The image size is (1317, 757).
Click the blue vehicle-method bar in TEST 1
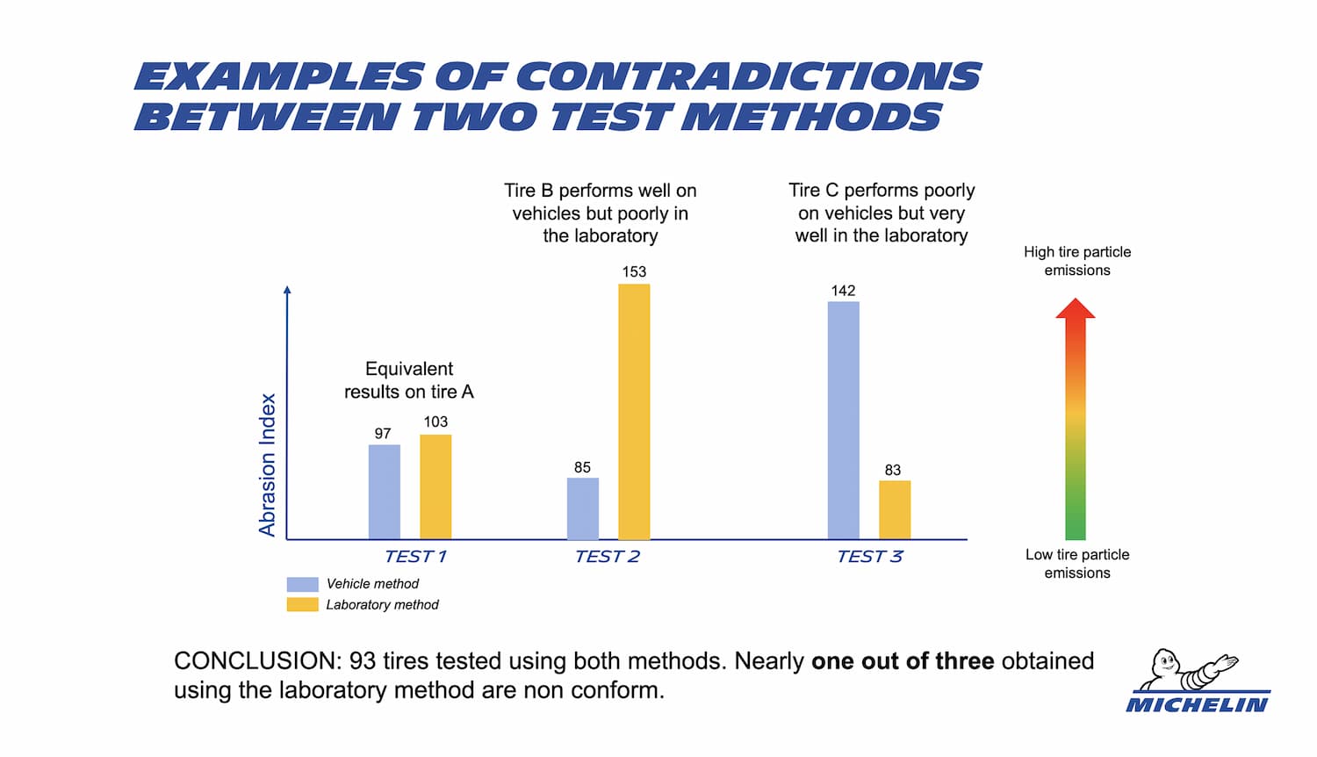(384, 492)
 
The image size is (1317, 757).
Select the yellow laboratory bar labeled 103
(435, 487)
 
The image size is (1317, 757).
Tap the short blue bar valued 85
(583, 508)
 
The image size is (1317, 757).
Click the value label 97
(383, 433)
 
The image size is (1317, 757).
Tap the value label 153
(634, 271)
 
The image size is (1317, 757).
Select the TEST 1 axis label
(415, 556)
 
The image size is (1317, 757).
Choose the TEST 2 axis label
(607, 556)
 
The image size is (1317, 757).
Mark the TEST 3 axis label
(869, 556)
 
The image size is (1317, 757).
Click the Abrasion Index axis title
(268, 465)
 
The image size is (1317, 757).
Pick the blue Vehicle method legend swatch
(302, 584)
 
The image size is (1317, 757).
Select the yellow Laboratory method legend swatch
(302, 604)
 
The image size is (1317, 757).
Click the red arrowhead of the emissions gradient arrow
(1076, 308)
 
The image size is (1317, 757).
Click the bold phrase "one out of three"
(903, 660)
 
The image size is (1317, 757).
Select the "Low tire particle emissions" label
(1077, 564)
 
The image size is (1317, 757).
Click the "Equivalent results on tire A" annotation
(409, 380)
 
